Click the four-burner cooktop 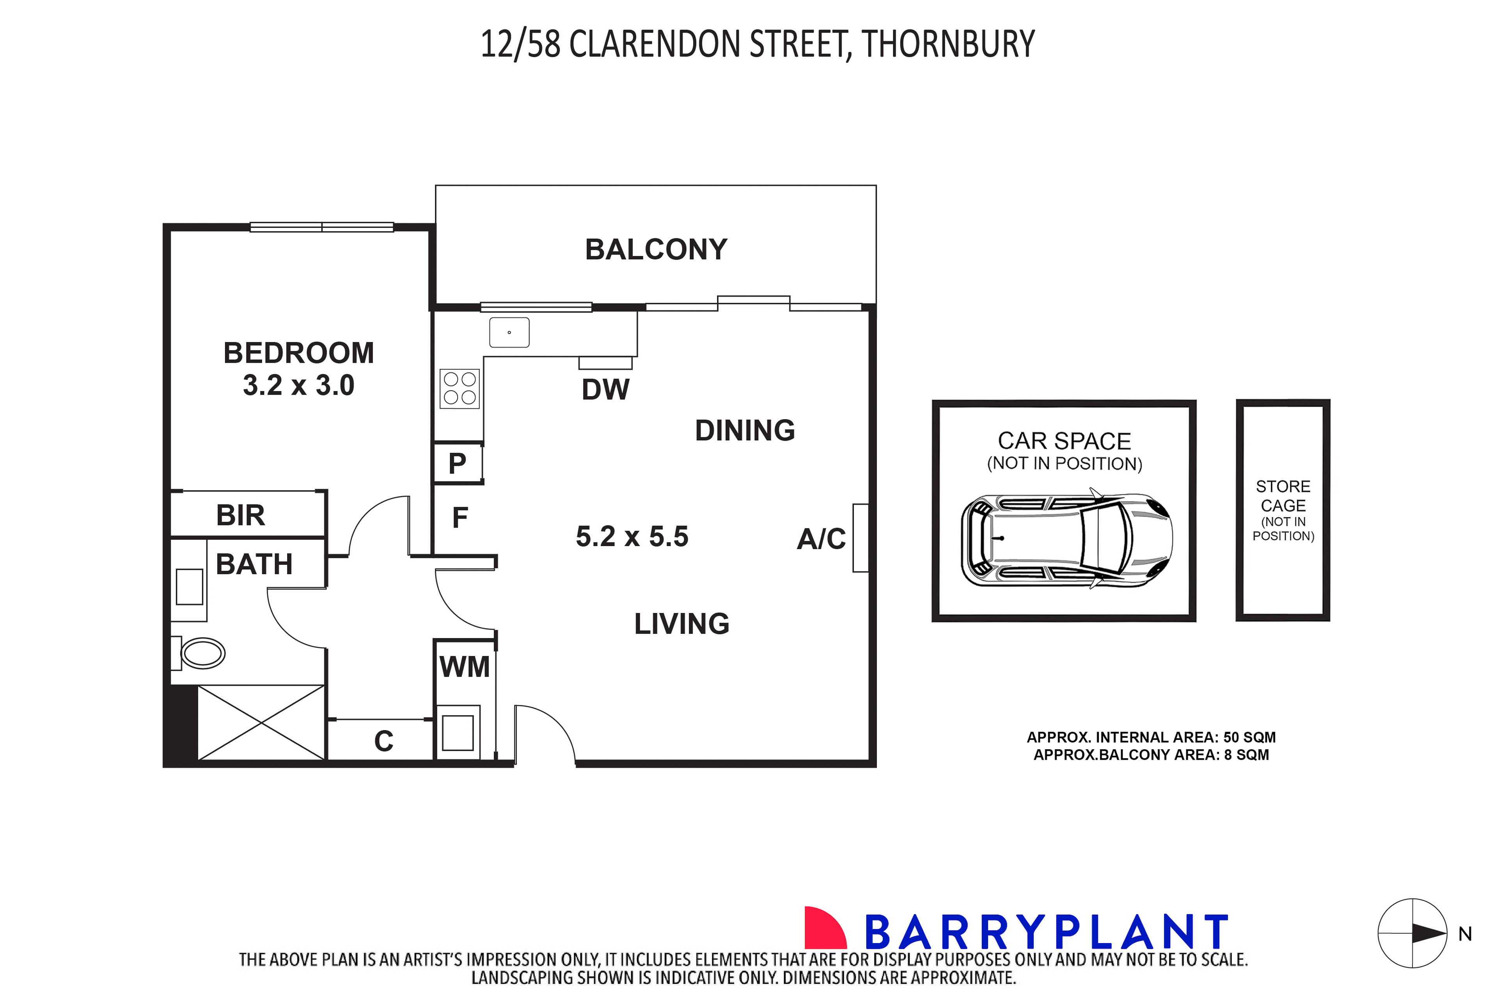pyautogui.click(x=459, y=388)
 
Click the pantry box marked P pyautogui.click(x=457, y=463)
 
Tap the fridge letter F pyautogui.click(x=460, y=518)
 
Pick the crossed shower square pyautogui.click(x=261, y=723)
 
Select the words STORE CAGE pyautogui.click(x=1283, y=496)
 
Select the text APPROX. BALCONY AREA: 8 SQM pyautogui.click(x=1151, y=755)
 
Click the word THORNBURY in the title pyautogui.click(x=948, y=44)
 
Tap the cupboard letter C pyautogui.click(x=383, y=741)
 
